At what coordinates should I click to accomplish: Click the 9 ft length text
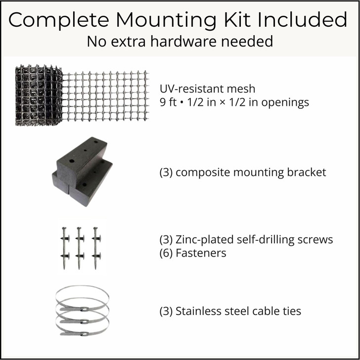[169, 102]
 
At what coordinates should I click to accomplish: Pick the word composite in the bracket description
[201, 173]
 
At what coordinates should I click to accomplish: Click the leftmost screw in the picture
[65, 247]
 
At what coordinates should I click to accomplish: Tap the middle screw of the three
[79, 247]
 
